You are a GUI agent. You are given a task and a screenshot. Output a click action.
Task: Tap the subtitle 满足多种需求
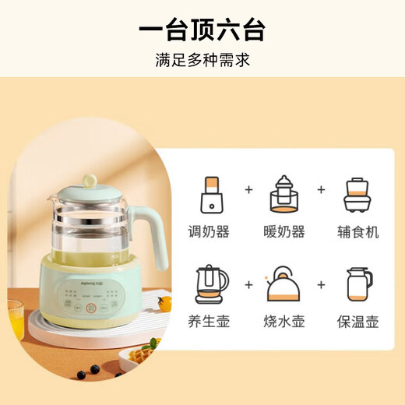(x=202, y=60)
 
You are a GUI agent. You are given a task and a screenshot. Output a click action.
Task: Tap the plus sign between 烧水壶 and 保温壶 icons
(x=321, y=283)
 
